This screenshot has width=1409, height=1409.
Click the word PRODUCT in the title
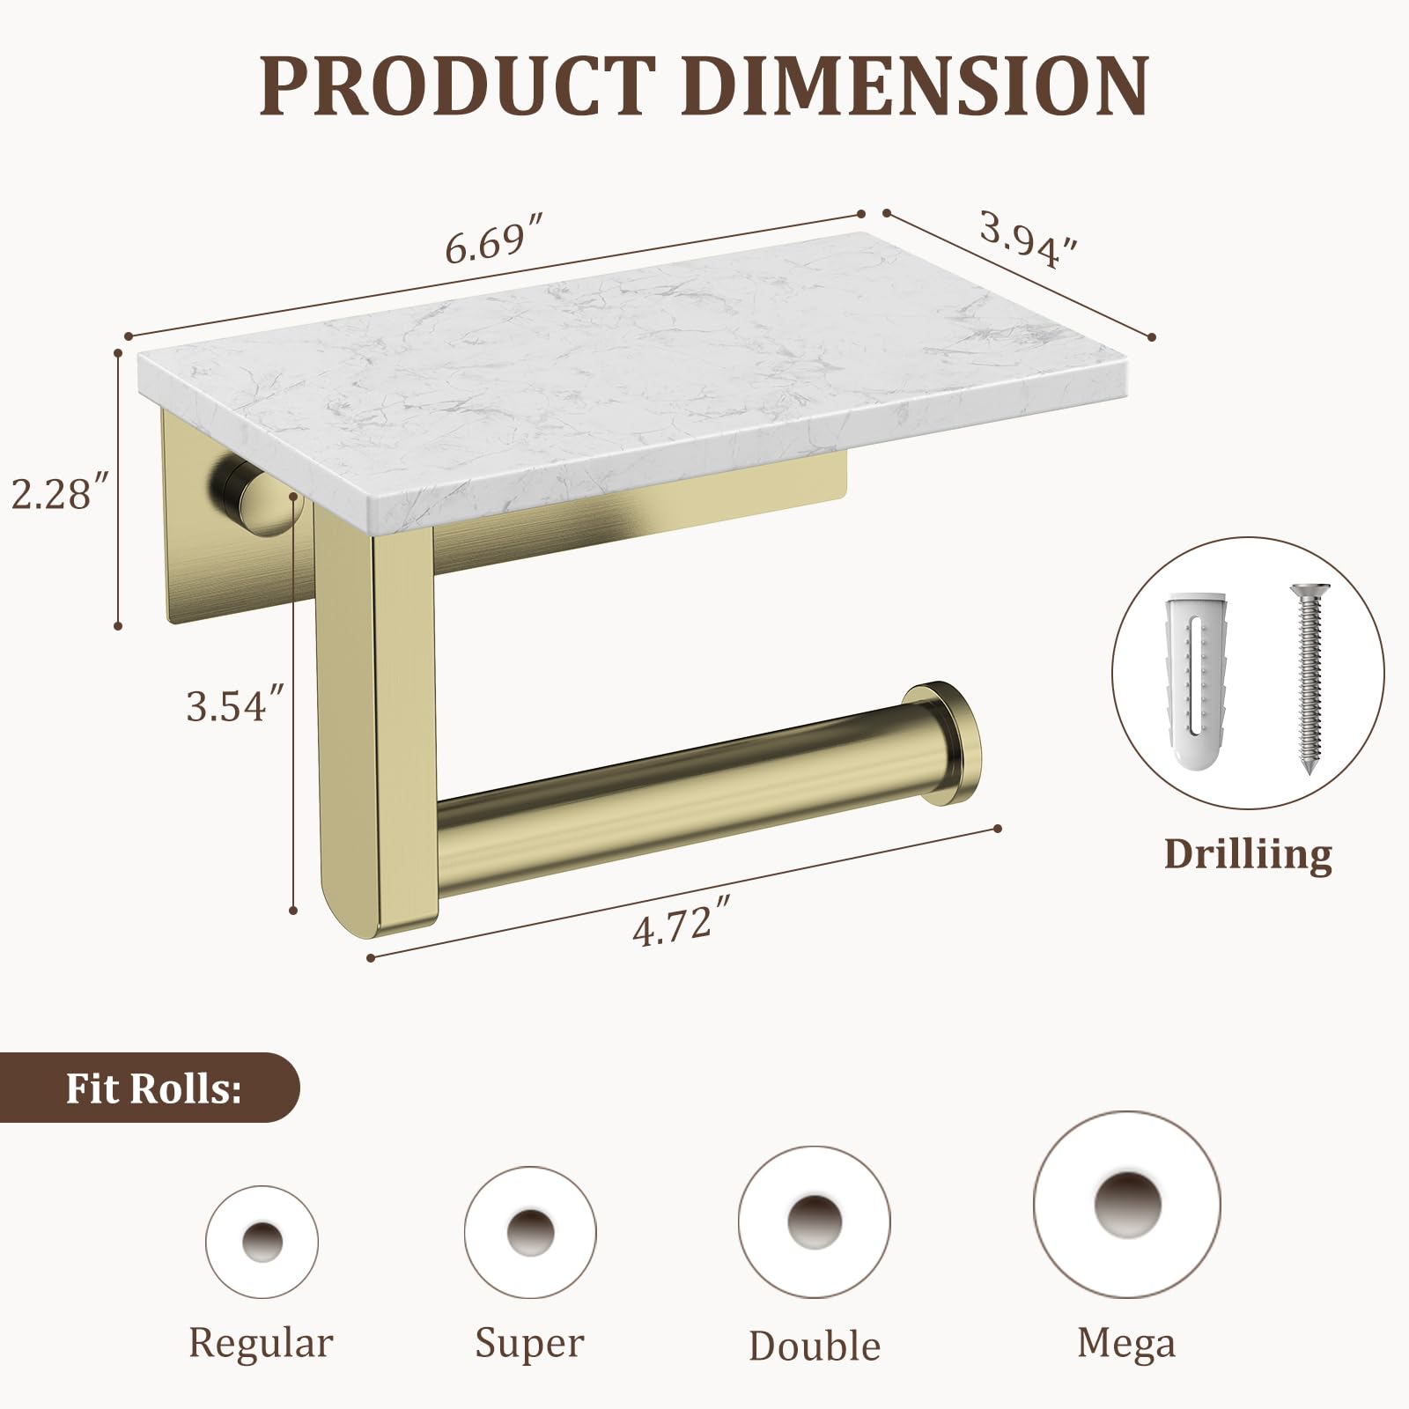[x=458, y=85]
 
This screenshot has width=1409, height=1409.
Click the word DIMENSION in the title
[x=916, y=85]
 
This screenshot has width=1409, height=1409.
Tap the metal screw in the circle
[x=1309, y=678]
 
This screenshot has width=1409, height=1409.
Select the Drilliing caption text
[x=1248, y=854]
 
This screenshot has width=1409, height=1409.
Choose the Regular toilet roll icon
[x=262, y=1242]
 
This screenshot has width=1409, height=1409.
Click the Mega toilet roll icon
[x=1126, y=1205]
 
